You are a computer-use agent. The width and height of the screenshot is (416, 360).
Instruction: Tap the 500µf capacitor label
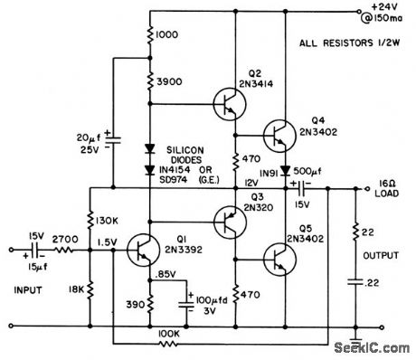(x=307, y=169)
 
